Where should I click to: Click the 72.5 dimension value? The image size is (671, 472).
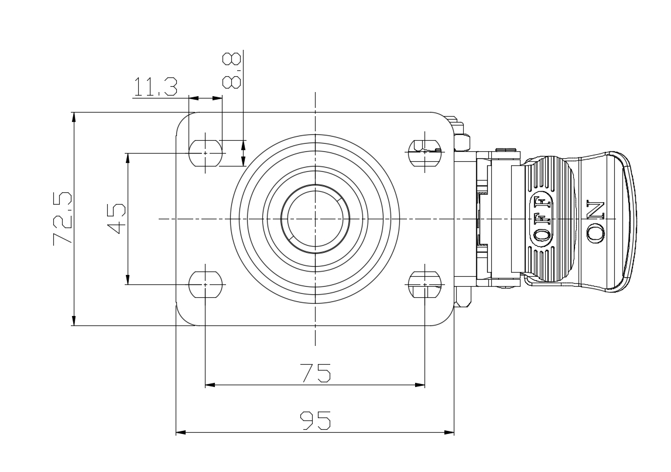(62, 219)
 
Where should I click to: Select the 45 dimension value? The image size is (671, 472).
(116, 219)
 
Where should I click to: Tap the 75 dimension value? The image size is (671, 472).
(316, 372)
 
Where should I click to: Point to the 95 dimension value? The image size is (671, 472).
(316, 420)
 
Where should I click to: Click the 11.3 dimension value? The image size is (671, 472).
(156, 87)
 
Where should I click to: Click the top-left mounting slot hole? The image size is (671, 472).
(206, 152)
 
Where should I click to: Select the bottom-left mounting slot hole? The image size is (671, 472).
(206, 284)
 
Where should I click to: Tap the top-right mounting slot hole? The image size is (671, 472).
(425, 152)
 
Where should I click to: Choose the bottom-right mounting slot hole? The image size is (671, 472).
(425, 284)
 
